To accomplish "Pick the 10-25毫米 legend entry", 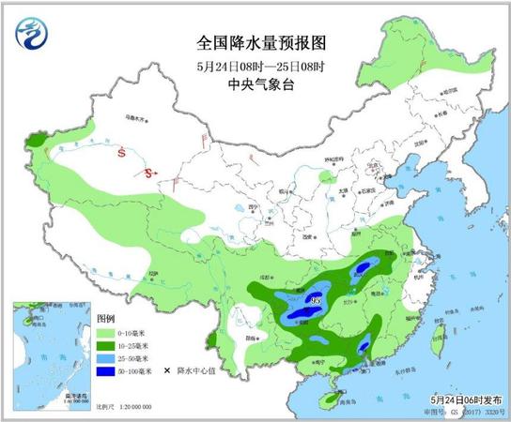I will click(x=122, y=346).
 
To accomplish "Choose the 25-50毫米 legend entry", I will click(x=122, y=358).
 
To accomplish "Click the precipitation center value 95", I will click(x=315, y=300).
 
